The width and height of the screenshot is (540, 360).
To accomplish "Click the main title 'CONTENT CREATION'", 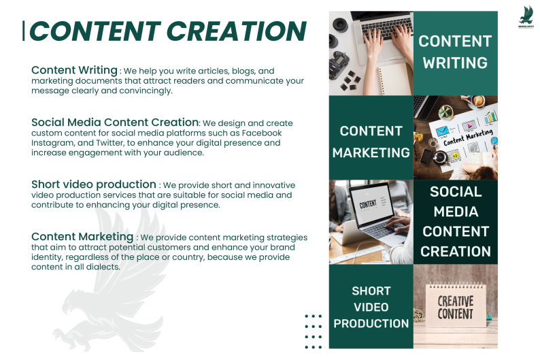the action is point(168,31).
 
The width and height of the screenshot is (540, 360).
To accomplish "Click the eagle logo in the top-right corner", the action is point(526,16).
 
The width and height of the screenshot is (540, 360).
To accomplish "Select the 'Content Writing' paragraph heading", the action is point(74,70).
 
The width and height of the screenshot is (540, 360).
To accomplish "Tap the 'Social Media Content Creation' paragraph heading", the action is point(115,122).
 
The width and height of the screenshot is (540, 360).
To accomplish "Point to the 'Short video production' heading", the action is point(94,184).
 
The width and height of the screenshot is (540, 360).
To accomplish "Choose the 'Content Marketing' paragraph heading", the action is point(82,237).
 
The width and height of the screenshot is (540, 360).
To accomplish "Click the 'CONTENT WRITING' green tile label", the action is point(455,52).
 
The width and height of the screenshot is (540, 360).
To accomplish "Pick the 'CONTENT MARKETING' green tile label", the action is point(371,142).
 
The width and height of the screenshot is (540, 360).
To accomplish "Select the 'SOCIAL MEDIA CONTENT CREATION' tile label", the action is point(456,221).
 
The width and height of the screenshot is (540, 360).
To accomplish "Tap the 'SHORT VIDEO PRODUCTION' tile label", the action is point(371,307).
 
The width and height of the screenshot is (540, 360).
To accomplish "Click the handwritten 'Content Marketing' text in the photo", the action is point(468,137).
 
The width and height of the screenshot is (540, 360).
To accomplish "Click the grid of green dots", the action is point(314,331).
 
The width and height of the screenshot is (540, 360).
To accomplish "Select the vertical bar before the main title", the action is point(23,31).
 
